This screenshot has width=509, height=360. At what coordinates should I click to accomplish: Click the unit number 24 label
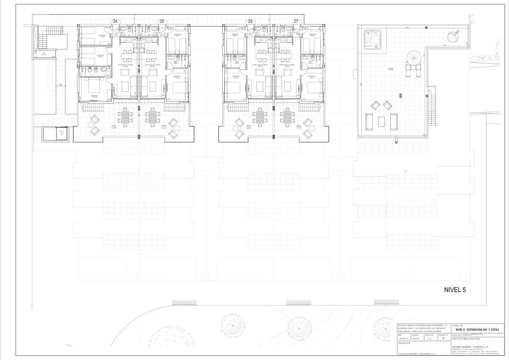point(115,21)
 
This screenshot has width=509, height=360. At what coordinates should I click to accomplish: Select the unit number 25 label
point(162,21)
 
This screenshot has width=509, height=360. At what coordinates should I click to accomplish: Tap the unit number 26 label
point(250,21)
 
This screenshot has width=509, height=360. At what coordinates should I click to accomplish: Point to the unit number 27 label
point(296,21)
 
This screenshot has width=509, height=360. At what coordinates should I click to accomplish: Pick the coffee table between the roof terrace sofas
point(381,122)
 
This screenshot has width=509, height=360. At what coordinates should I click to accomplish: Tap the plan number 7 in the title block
point(443,338)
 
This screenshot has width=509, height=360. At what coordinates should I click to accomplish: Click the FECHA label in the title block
point(416,335)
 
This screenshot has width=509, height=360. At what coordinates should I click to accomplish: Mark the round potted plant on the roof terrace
point(453,37)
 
